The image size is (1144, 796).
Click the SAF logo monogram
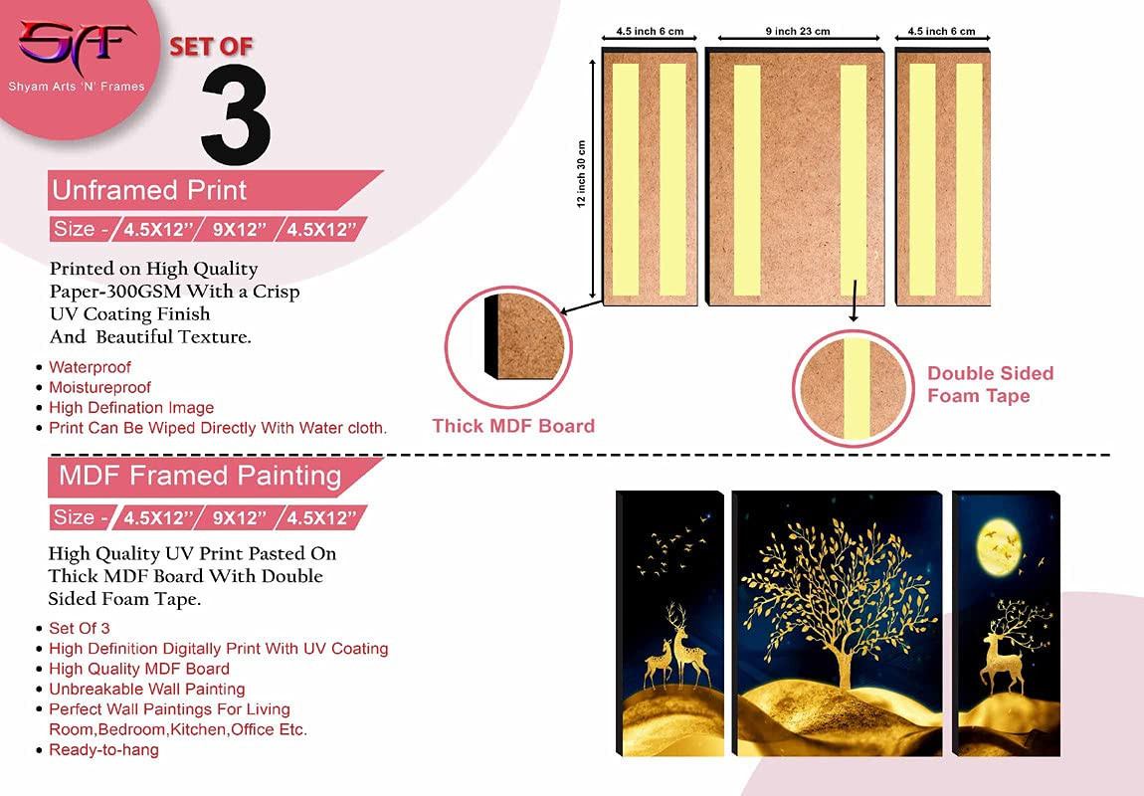77,46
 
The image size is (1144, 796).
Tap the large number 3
236,114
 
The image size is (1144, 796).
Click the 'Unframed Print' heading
149,190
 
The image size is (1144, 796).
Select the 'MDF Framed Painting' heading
200,476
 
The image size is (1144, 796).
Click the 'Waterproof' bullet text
90,367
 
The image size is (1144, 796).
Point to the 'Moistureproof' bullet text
99,387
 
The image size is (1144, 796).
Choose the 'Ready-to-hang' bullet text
103,750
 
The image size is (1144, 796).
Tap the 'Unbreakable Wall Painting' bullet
146,689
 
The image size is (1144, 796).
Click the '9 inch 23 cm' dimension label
798,32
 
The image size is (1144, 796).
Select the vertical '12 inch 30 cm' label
581,174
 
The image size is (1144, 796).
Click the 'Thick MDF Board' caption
513,426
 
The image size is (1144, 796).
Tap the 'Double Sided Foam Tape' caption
990,384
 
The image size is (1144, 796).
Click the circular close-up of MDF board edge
507,347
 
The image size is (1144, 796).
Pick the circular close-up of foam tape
853,389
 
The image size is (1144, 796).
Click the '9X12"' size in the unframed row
235,230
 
